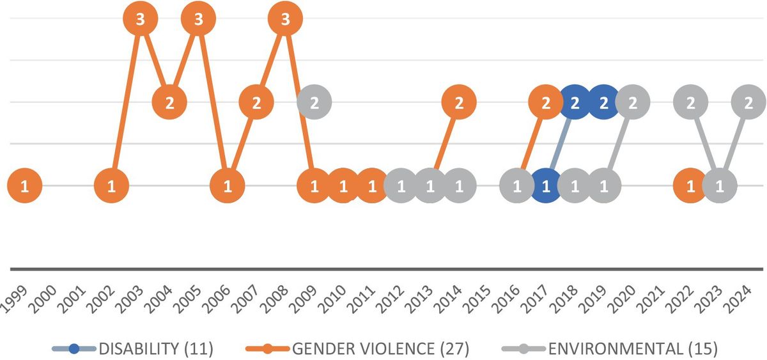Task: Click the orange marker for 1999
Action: point(24,186)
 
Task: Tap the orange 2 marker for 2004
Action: point(169,102)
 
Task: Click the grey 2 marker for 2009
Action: point(314,102)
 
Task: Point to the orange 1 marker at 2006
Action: point(227,186)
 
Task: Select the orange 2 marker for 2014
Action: point(458,102)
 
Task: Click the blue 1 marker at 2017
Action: point(546,186)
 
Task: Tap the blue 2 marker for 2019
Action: point(603,102)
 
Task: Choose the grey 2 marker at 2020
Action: point(632,102)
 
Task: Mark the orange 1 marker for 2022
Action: point(690,186)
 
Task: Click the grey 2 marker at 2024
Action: point(748,102)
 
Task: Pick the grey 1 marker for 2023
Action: point(719,186)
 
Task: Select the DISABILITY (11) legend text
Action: point(155,348)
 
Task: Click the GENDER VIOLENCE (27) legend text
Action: point(381,348)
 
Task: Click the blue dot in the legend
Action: point(75,349)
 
